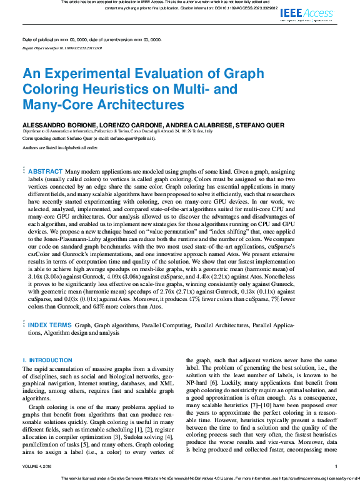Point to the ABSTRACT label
point(46,171)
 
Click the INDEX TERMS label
point(50,325)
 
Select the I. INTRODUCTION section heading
point(47,360)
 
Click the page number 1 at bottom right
point(336,466)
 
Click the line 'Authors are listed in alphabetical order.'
point(61,148)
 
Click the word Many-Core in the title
point(54,104)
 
